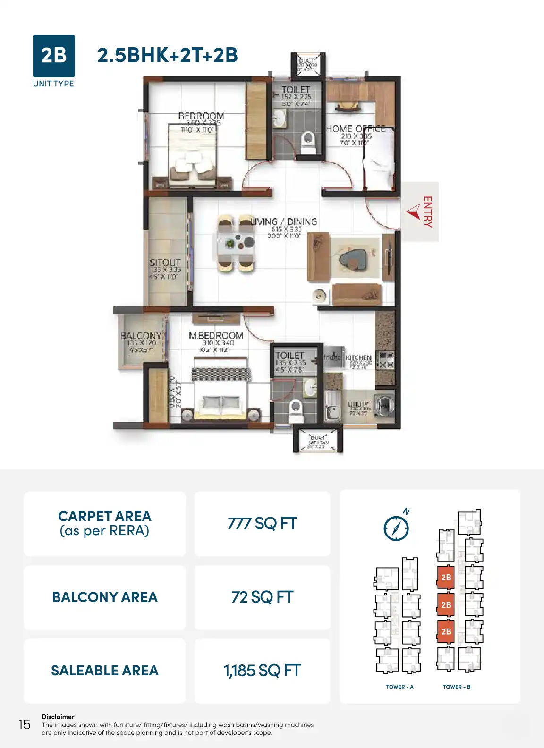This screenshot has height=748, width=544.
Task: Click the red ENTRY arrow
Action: (414, 211)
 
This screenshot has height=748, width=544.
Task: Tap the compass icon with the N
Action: (396, 527)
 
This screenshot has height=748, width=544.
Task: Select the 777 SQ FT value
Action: (262, 523)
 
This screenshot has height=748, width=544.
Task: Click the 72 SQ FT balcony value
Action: (262, 597)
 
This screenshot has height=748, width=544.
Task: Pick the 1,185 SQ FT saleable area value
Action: (262, 671)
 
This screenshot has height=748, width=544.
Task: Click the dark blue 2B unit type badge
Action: (54, 56)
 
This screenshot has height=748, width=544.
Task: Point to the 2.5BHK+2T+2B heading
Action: (167, 55)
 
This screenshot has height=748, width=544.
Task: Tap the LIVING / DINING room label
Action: (284, 222)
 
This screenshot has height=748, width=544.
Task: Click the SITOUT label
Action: (165, 263)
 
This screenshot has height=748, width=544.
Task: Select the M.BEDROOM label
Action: (216, 336)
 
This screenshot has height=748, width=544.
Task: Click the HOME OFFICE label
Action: (356, 128)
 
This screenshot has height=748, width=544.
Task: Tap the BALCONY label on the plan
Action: (141, 336)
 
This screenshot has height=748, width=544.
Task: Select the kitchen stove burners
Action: (386, 360)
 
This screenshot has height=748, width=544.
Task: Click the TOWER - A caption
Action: (399, 687)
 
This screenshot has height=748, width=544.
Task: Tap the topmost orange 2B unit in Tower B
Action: (446, 577)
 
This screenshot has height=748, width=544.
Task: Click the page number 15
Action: (25, 724)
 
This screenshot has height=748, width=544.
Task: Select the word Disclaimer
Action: (58, 716)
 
